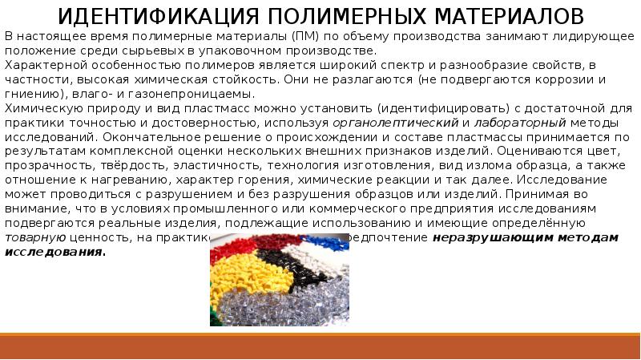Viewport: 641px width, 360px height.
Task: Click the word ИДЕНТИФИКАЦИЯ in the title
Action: point(151,16)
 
